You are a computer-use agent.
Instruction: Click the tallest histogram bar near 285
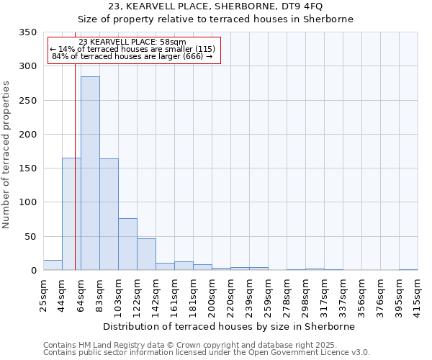point(90,173)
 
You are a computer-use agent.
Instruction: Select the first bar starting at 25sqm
point(53,265)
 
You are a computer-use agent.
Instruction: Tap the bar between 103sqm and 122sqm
point(127,244)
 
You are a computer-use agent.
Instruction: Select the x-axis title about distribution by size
point(229,326)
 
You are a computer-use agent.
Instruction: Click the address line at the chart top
point(215,6)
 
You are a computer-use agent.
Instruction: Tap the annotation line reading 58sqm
point(132,42)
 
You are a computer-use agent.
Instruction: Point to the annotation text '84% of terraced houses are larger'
point(132,56)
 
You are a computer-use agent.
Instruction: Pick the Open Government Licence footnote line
point(207,353)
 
